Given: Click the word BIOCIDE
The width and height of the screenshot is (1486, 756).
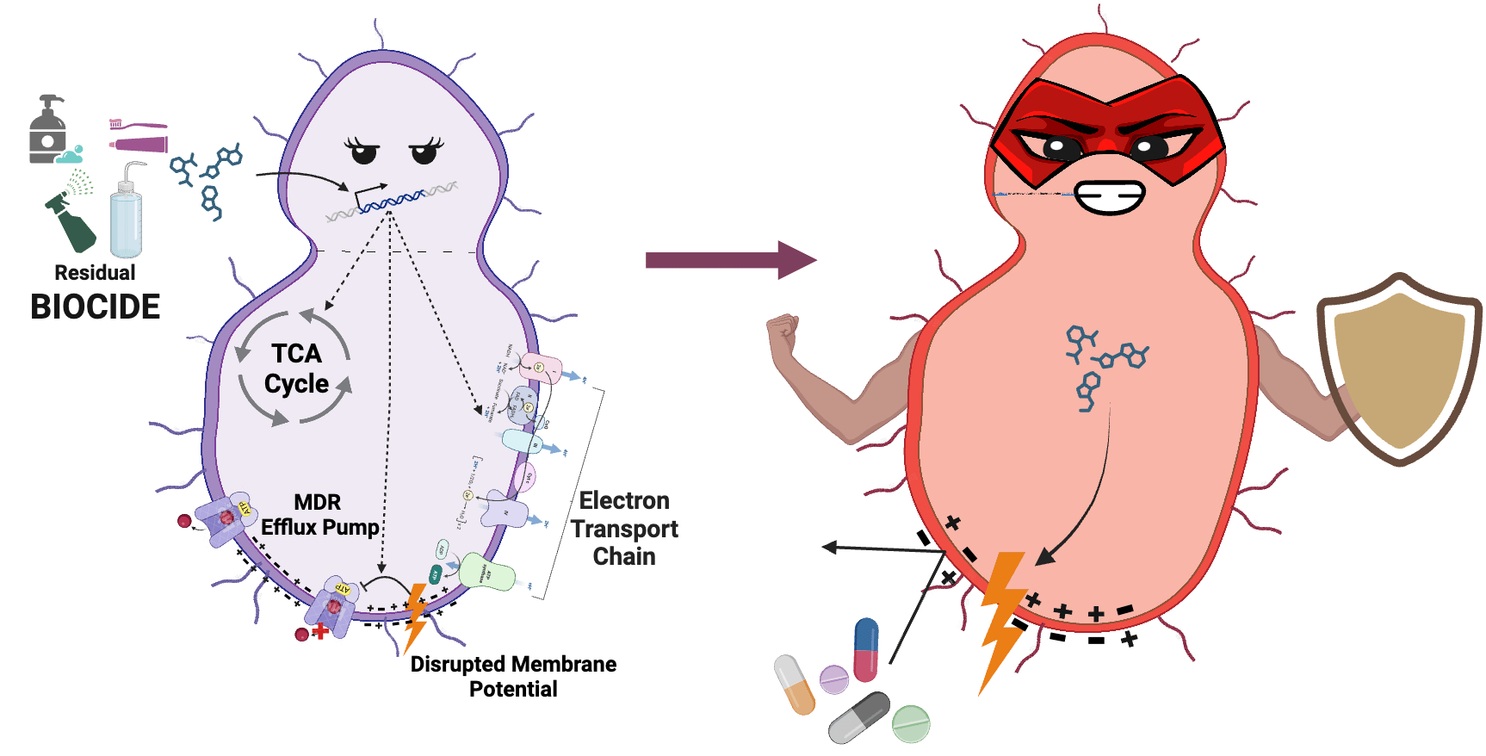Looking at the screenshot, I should pyautogui.click(x=95, y=307).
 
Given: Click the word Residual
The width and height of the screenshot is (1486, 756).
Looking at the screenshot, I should pyautogui.click(x=95, y=273).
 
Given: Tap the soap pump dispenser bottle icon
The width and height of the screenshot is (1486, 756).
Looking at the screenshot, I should pyautogui.click(x=49, y=131).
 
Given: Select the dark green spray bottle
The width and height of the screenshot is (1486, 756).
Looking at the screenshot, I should pyautogui.click(x=74, y=223).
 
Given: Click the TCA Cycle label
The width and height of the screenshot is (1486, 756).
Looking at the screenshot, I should pyautogui.click(x=296, y=369).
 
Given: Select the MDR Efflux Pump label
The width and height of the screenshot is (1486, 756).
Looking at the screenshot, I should pyautogui.click(x=319, y=515).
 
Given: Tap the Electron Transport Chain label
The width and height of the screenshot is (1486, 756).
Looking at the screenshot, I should pyautogui.click(x=624, y=529).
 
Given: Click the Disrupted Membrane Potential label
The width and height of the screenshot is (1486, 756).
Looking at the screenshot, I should pyautogui.click(x=513, y=676).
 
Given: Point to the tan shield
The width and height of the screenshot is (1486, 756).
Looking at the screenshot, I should pyautogui.click(x=1399, y=369).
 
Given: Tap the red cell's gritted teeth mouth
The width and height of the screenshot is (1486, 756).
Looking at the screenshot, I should pyautogui.click(x=1110, y=197).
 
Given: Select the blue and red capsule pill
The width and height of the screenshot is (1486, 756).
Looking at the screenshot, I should pyautogui.click(x=866, y=649).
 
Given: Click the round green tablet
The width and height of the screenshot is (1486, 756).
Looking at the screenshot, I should pyautogui.click(x=911, y=723).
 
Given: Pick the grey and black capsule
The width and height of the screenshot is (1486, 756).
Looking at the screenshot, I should pyautogui.click(x=858, y=717).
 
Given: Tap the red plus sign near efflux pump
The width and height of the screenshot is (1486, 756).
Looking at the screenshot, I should pyautogui.click(x=320, y=631).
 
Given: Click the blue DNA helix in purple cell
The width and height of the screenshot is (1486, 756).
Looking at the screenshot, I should pyautogui.click(x=392, y=202).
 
